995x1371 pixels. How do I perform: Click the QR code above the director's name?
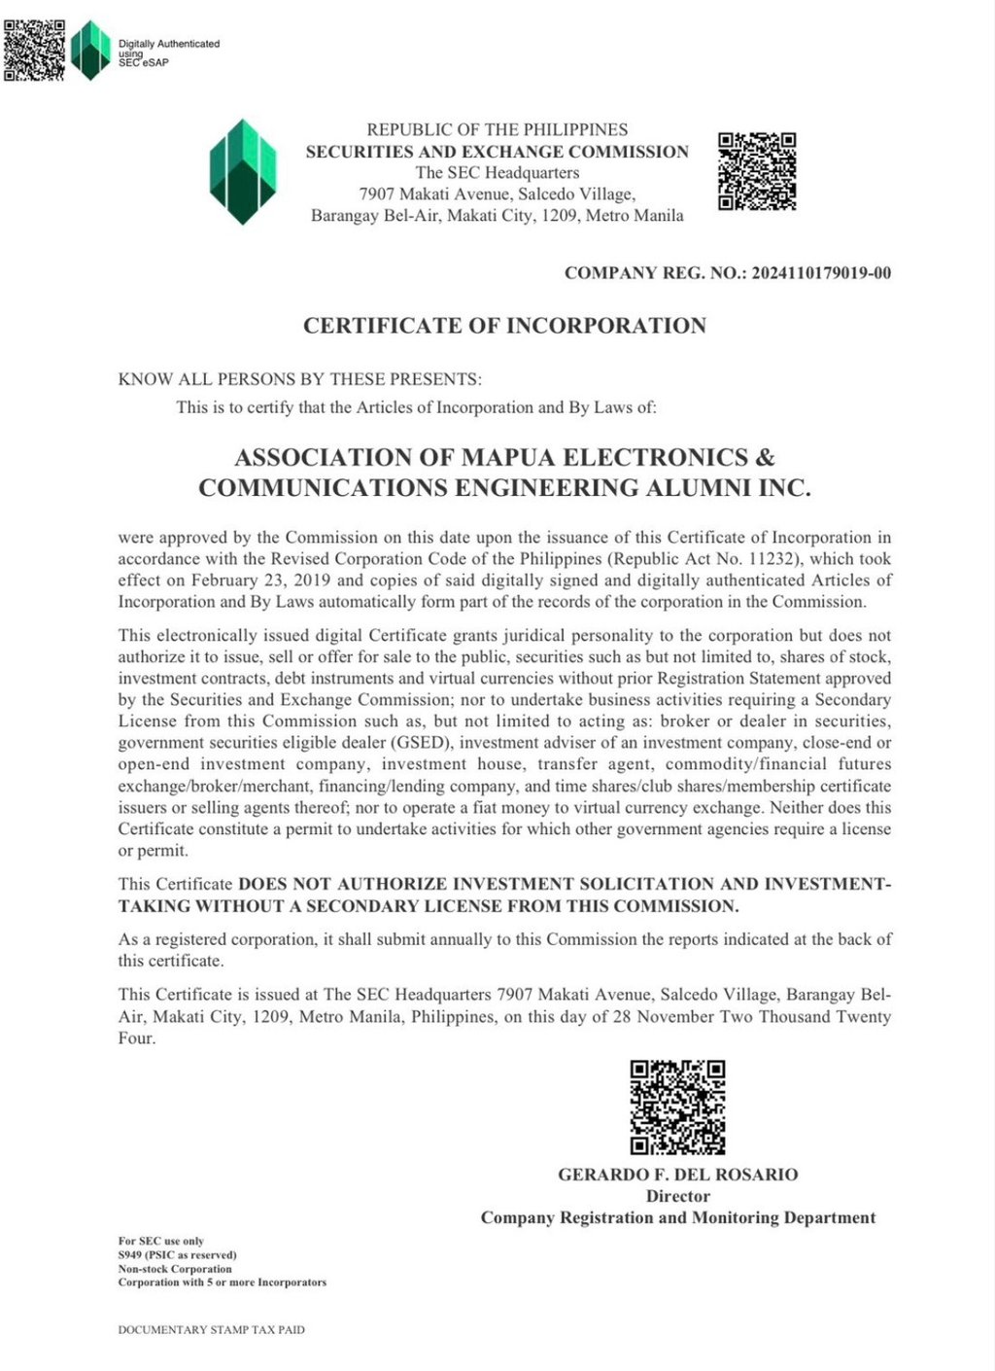point(677,1107)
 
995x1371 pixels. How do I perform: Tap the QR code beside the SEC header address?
point(757,171)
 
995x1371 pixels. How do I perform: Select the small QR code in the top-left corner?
point(34,50)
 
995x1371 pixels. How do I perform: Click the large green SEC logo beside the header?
point(243,171)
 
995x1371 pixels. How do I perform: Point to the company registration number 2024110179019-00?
point(821,273)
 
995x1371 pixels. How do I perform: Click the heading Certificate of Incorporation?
point(504,326)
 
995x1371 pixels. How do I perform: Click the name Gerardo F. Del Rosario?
point(677,1175)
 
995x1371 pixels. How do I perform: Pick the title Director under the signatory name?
point(677,1196)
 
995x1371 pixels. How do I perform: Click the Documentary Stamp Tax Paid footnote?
point(211,1329)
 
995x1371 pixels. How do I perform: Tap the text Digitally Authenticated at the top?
point(169,44)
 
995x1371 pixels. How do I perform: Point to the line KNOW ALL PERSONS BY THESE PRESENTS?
point(299,379)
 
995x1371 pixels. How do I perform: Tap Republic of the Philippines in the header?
point(497,129)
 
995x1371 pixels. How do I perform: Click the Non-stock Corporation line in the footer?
point(175,1269)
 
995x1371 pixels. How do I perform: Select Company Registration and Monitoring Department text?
point(677,1217)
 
